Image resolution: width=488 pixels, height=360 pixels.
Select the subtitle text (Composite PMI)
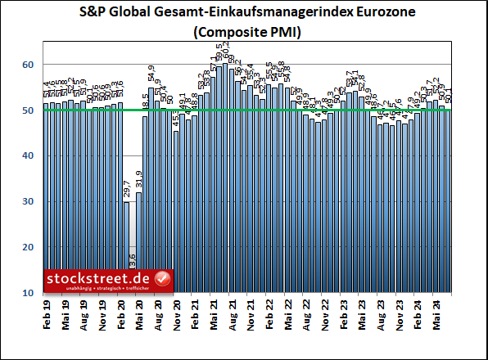(x=244, y=33)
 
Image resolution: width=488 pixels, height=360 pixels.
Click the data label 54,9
(x=151, y=76)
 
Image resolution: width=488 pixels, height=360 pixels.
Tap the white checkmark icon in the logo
(x=162, y=279)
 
